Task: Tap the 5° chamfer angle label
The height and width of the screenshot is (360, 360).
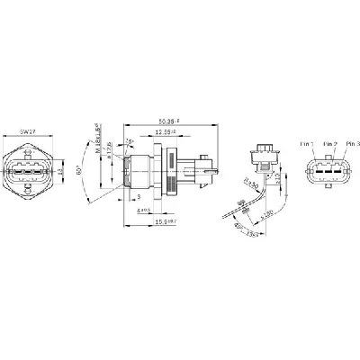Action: click(x=130, y=140)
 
